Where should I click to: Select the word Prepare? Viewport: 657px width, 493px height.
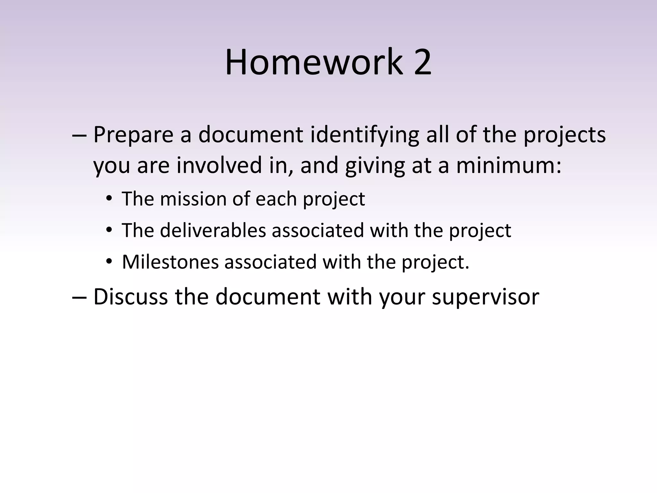click(x=133, y=135)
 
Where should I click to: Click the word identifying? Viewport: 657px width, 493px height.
click(x=365, y=135)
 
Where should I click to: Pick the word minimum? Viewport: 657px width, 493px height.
click(x=508, y=165)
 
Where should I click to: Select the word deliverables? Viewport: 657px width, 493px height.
click(x=213, y=230)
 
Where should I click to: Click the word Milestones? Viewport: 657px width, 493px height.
click(x=170, y=262)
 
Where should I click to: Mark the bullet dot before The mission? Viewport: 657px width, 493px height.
click(x=109, y=199)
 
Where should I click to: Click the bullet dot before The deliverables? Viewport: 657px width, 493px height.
click(x=109, y=230)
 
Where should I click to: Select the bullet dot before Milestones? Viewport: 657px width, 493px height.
click(x=109, y=262)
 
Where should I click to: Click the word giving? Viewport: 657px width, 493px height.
click(x=375, y=166)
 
